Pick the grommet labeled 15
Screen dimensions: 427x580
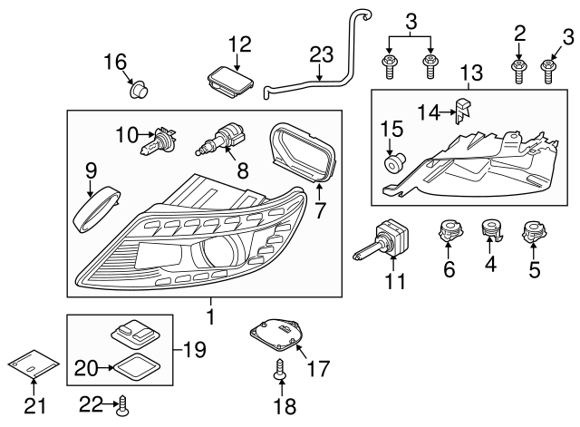click(394, 163)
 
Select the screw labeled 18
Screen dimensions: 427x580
click(278, 369)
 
